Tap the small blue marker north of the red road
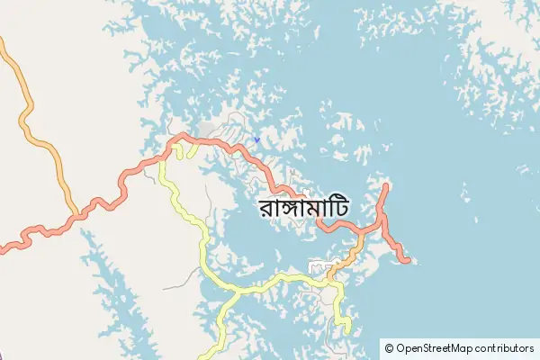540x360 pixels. [x=257, y=139]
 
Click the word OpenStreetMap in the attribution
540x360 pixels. [x=434, y=347]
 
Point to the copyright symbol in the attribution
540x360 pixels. [x=389, y=347]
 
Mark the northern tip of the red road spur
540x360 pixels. [x=386, y=185]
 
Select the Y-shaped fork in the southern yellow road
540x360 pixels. [x=236, y=291]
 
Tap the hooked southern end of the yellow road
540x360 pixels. [x=348, y=330]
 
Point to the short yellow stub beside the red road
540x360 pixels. [x=192, y=150]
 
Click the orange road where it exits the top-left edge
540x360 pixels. [x=2, y=40]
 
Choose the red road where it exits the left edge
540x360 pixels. [x=2, y=248]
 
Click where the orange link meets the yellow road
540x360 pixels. [x=328, y=278]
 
